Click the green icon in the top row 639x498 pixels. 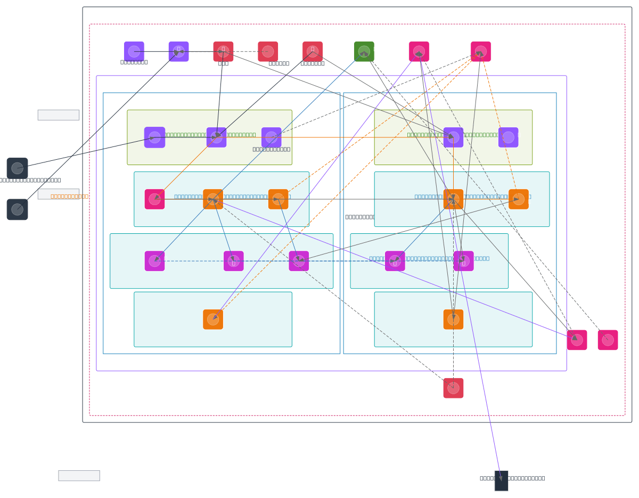coord(364,52)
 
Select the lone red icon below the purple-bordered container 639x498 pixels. coord(453,388)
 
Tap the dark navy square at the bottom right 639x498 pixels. coord(501,480)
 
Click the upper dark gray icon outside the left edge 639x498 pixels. coord(17,168)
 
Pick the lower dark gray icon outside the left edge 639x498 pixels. coord(17,209)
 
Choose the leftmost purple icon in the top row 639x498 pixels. coord(134,52)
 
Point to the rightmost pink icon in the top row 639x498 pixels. coord(481,52)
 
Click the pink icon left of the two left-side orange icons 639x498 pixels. coord(154,199)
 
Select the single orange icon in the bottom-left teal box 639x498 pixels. coord(213,320)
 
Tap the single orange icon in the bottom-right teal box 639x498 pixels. coord(453,320)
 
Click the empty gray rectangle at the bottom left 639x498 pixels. coord(79,476)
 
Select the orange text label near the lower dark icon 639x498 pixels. coord(69,197)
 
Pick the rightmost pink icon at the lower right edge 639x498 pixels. coord(608,340)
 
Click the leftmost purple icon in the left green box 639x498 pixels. coord(154,137)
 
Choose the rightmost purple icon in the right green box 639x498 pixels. coord(508,137)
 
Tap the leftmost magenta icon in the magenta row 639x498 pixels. coord(154,261)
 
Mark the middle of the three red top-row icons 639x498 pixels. coord(268,52)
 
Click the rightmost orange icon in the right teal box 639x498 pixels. coord(519,199)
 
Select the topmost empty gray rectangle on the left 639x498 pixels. coord(59,115)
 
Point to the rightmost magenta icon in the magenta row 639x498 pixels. coord(463,261)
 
